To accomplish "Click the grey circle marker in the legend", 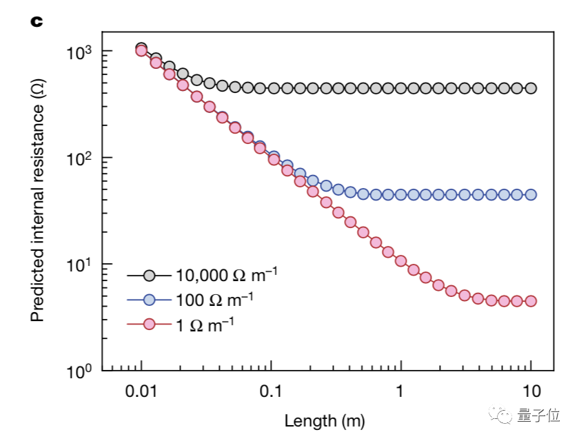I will point(148,276).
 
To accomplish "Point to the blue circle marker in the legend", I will point(148,299).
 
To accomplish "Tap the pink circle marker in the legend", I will point(148,322).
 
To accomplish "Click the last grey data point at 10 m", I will point(530,88).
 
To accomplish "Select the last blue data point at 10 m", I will point(530,194).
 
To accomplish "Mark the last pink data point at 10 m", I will point(530,301).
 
